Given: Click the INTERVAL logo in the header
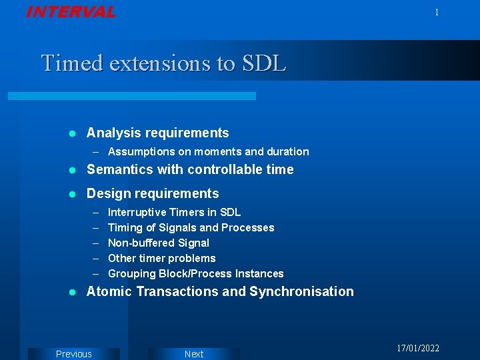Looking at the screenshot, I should click(71, 12).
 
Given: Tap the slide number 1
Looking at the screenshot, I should click(437, 13).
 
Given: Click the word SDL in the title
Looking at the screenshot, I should click(264, 63).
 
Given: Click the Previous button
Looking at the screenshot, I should click(74, 354).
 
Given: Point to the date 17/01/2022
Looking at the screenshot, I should click(418, 349).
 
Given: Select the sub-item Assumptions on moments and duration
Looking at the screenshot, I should click(208, 152).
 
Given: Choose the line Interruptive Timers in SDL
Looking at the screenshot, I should click(174, 213).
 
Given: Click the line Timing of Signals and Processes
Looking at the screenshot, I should click(191, 228).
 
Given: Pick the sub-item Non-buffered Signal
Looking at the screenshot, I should click(158, 243).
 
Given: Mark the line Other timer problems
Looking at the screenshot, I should click(161, 259).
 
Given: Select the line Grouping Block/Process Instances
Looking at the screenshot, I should click(195, 274).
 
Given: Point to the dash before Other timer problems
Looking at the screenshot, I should click(96, 259).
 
